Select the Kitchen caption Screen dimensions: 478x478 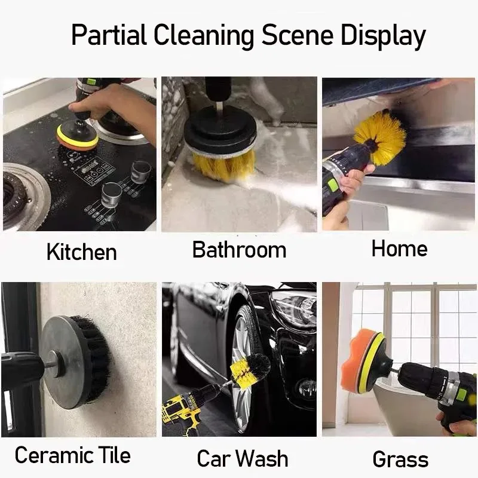(x=81, y=252)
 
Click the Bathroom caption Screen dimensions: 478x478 (x=239, y=250)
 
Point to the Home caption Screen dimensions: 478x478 (x=399, y=249)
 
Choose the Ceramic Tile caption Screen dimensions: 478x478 (x=72, y=455)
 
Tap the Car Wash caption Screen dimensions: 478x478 (x=242, y=459)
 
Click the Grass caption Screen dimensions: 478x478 (x=400, y=459)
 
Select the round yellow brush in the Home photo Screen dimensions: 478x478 (x=381, y=137)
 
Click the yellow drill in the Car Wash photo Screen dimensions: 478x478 (x=185, y=409)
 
